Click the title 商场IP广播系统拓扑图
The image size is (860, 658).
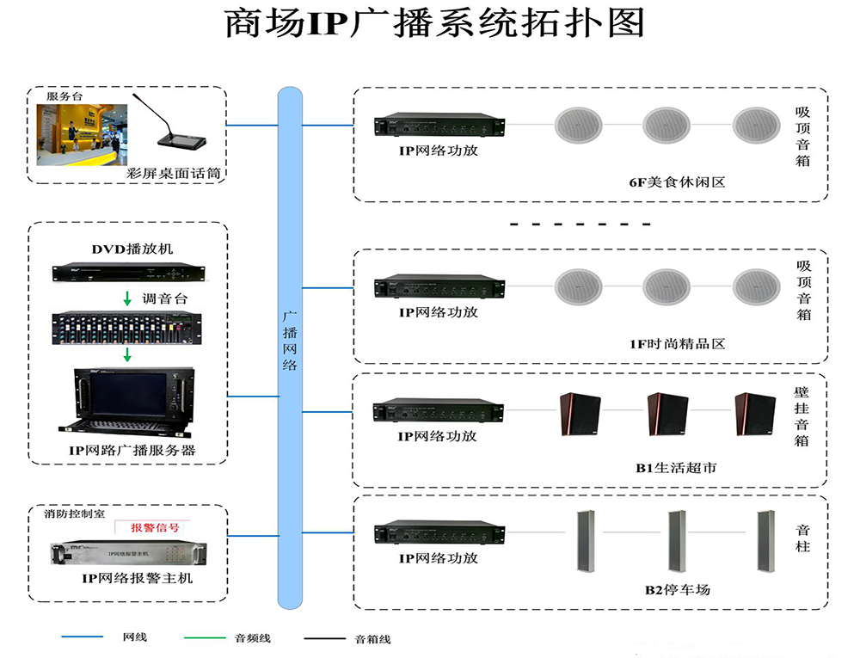tap(434, 25)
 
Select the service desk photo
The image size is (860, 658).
tap(82, 135)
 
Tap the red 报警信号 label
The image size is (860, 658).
tap(155, 527)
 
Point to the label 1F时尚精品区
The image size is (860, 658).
tap(677, 343)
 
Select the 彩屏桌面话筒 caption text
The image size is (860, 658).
tap(174, 174)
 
